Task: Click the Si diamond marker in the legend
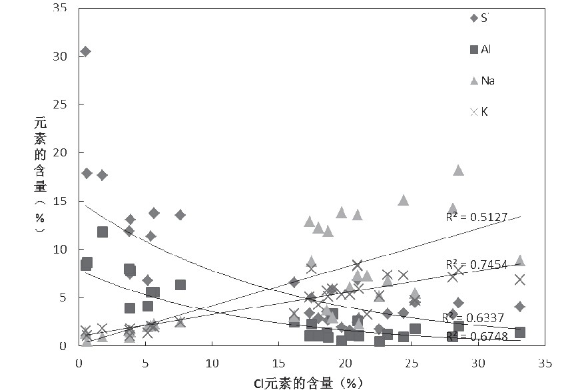473,19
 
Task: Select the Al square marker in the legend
473,49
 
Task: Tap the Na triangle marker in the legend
473,81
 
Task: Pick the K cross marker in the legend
473,112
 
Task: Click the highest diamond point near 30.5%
85,51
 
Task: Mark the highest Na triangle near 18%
458,170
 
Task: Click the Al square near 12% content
103,232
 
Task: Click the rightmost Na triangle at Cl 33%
520,260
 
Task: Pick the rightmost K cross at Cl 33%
520,280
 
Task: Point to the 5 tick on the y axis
66,297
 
